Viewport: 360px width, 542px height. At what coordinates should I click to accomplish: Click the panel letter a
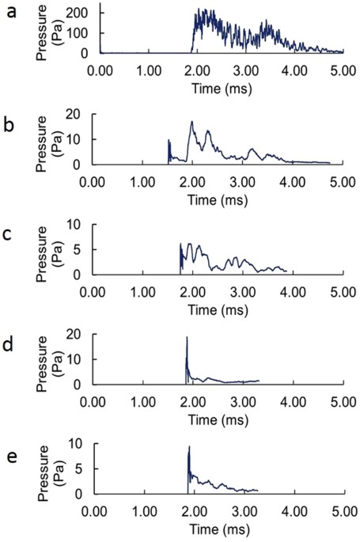point(10,13)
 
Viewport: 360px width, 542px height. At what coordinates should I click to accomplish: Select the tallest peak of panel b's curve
point(191,122)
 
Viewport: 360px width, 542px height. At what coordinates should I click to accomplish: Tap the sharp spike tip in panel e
point(189,447)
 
